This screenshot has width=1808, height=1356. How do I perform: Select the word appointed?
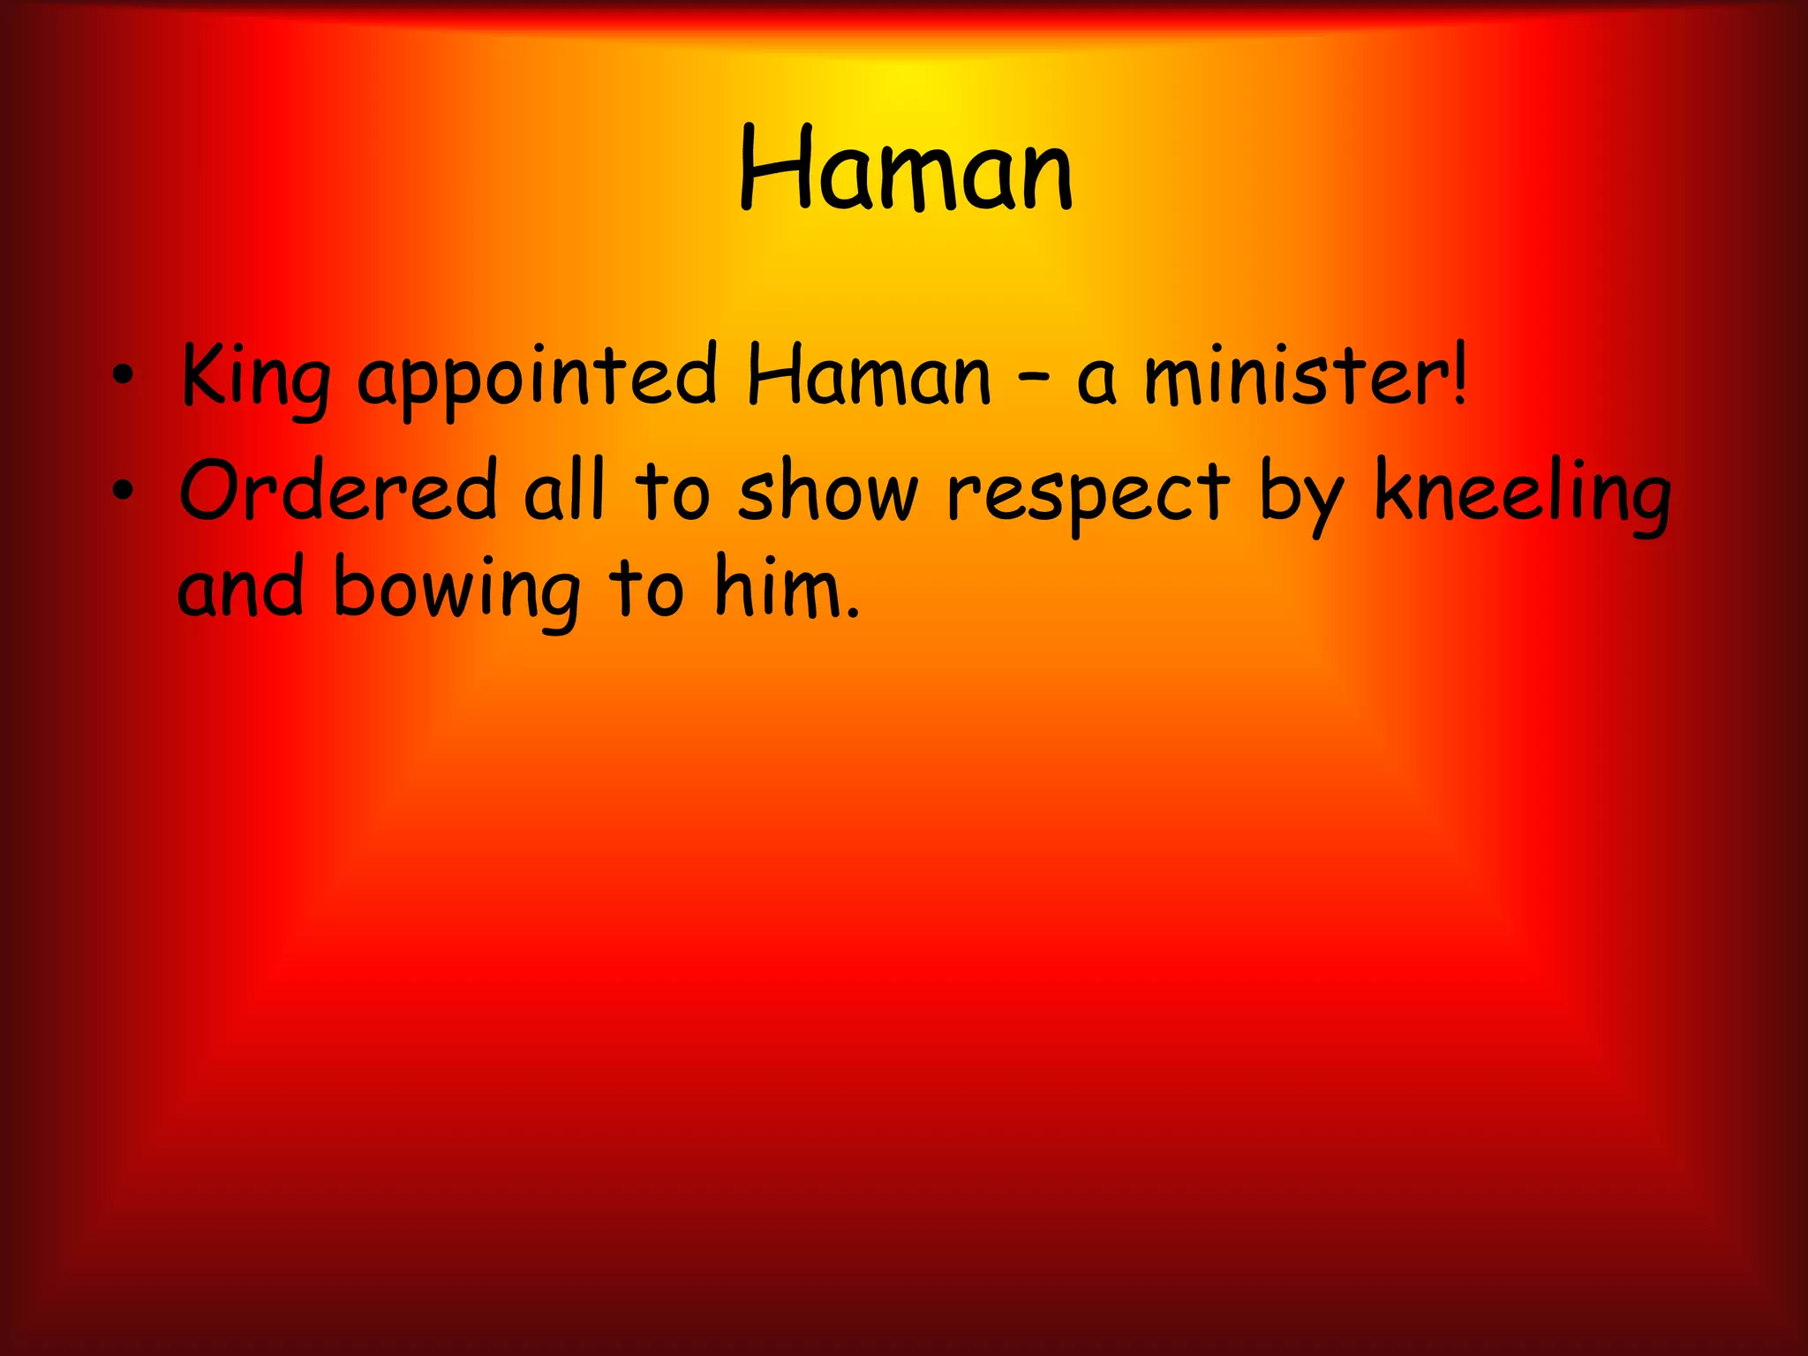tap(538, 378)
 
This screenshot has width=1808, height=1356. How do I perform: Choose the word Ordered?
tap(339, 491)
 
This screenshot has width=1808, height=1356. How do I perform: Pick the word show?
tap(829, 491)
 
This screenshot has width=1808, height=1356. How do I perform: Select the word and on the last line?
tap(241, 588)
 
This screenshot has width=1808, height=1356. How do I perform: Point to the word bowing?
tap(456, 590)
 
